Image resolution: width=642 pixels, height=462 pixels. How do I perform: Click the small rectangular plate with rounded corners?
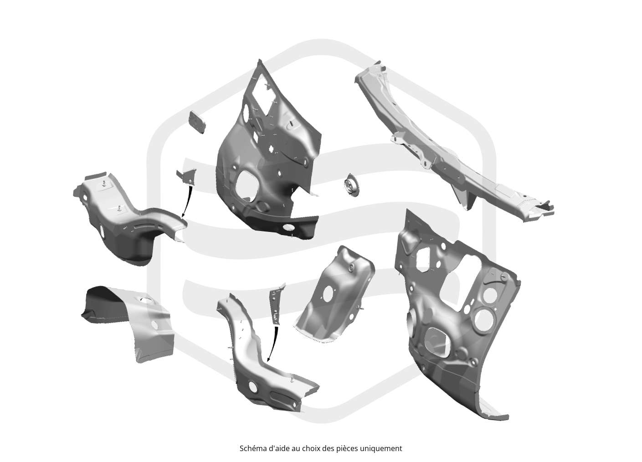197,123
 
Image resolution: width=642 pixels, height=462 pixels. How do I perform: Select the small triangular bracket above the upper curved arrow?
187,176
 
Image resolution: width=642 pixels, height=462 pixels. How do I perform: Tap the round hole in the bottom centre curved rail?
253,386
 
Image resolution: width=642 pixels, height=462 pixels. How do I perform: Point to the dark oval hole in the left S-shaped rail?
102,231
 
